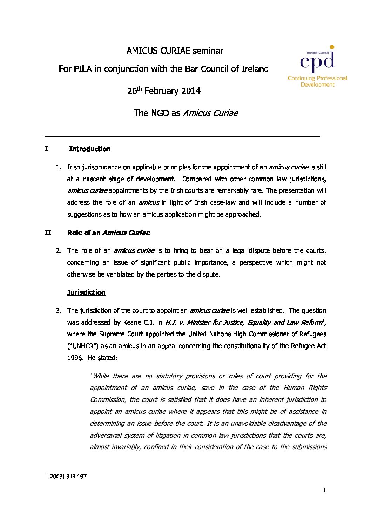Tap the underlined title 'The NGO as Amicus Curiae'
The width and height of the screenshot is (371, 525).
185,113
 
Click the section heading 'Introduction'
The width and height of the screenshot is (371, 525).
90,149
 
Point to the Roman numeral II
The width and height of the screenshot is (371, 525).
48,233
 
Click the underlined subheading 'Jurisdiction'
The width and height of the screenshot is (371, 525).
86,292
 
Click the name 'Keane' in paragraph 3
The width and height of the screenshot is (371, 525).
132,322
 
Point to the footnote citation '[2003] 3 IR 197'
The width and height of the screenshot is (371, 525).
67,477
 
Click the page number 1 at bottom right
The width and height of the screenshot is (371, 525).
324,490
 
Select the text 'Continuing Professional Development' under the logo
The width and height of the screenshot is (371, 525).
317,81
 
